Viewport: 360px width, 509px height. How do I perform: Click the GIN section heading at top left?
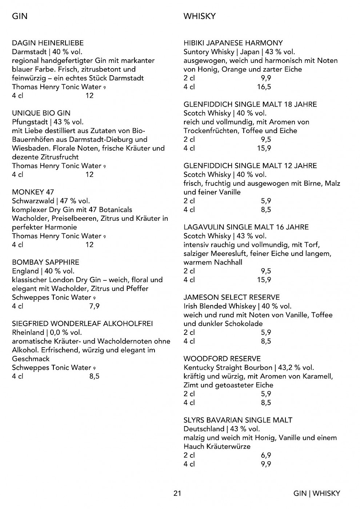pyautogui.click(x=20, y=16)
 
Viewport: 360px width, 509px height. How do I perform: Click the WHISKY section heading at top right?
pyautogui.click(x=200, y=16)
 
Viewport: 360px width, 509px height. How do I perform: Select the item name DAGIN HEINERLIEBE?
pyautogui.click(x=48, y=43)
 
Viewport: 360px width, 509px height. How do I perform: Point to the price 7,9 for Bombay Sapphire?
pyautogui.click(x=94, y=306)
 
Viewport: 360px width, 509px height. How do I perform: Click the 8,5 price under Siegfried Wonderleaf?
pyautogui.click(x=94, y=376)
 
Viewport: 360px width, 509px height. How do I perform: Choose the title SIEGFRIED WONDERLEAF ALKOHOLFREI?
pyautogui.click(x=83, y=324)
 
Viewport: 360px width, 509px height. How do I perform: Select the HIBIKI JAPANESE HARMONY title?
pyautogui.click(x=233, y=43)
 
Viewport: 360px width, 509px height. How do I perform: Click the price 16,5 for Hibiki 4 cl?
pyautogui.click(x=264, y=87)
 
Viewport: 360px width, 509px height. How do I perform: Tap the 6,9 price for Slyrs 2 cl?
pyautogui.click(x=266, y=455)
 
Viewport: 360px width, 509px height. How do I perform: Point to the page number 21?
pyautogui.click(x=177, y=493)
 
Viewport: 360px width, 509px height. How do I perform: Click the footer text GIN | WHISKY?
pyautogui.click(x=317, y=493)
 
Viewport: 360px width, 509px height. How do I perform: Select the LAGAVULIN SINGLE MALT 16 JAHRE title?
pyautogui.click(x=246, y=227)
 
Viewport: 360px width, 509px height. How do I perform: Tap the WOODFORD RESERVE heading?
pyautogui.click(x=222, y=359)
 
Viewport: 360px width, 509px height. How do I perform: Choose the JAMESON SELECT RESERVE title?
pyautogui.click(x=232, y=297)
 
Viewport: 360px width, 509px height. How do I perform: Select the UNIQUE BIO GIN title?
pyautogui.click(x=41, y=113)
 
